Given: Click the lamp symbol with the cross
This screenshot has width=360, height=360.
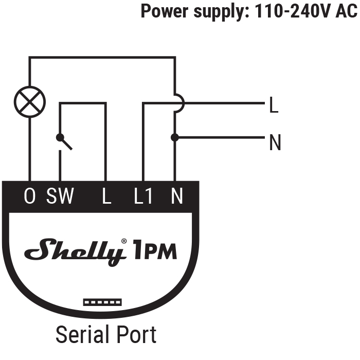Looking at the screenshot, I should (x=29, y=101).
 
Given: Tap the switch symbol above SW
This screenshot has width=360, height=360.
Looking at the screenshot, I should (x=64, y=141).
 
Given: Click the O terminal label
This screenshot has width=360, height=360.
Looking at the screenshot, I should (x=30, y=196).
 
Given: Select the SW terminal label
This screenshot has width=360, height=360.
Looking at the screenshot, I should (x=60, y=196).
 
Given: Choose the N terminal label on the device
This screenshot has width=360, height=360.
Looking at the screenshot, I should (x=176, y=196).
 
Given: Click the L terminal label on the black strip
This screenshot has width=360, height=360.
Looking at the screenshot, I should (x=106, y=196).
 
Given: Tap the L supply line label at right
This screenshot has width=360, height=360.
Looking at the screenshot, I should (x=274, y=106).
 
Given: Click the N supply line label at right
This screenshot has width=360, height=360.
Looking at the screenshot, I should (x=275, y=143).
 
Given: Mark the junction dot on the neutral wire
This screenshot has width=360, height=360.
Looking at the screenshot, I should (x=175, y=137).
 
